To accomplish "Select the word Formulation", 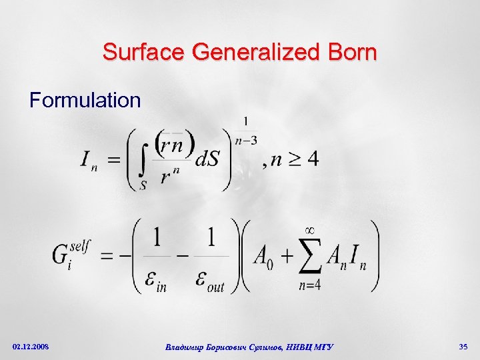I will tap(85, 101).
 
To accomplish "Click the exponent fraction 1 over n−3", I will tap(246, 131).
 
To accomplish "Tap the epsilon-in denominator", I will tap(157, 281).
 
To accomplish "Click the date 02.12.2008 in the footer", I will tap(31, 347).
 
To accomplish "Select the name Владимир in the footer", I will tap(185, 347).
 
